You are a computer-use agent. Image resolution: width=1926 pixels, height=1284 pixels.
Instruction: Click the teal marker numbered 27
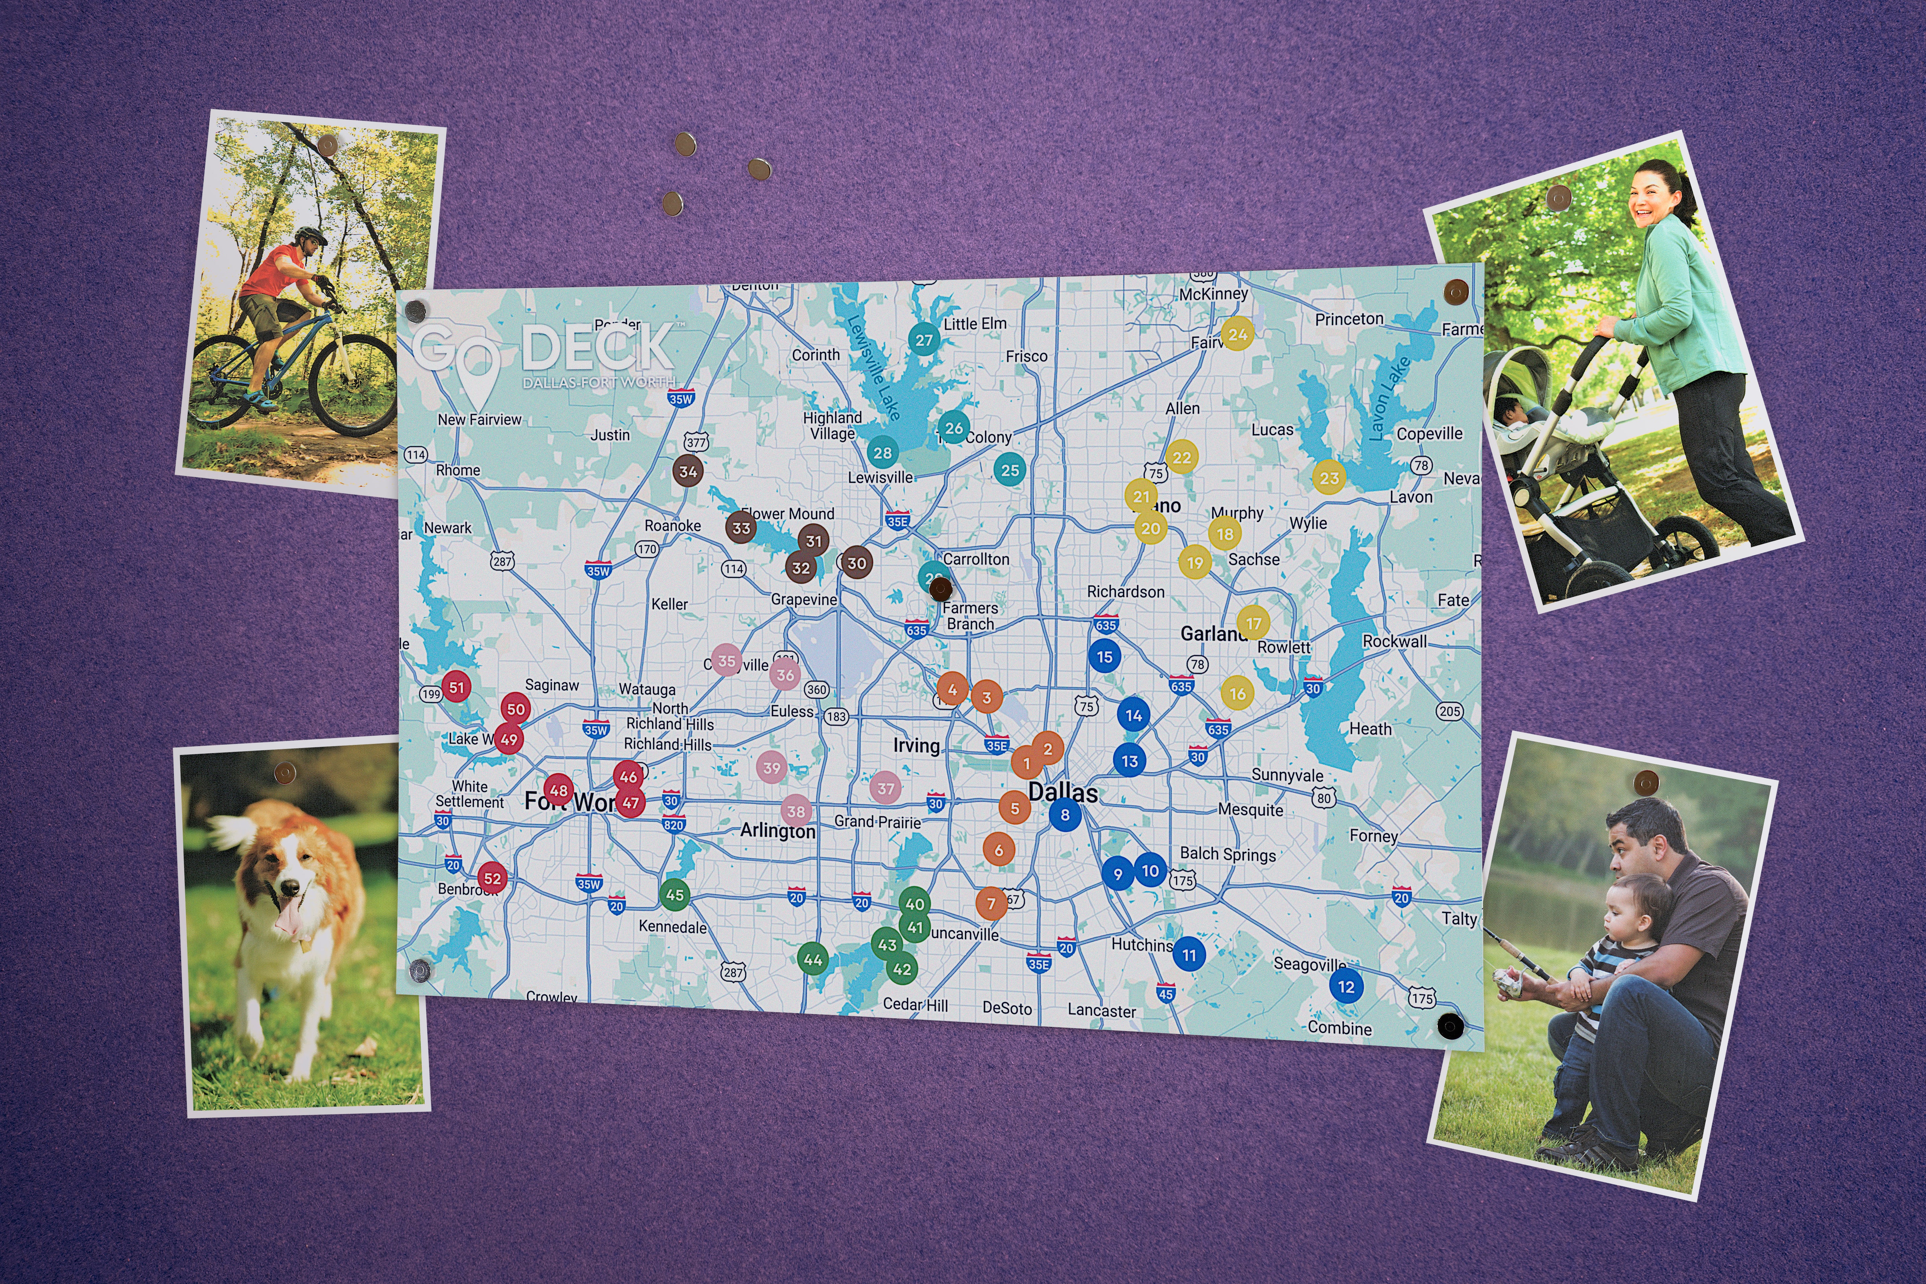pyautogui.click(x=924, y=340)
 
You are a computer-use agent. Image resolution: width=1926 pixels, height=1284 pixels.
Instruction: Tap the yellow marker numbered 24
pyautogui.click(x=1237, y=334)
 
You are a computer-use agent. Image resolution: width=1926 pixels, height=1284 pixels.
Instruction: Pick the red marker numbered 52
pyautogui.click(x=492, y=879)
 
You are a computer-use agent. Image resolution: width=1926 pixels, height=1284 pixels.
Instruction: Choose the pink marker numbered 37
pyautogui.click(x=885, y=788)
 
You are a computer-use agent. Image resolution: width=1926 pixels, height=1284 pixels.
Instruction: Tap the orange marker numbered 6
pyautogui.click(x=998, y=850)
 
